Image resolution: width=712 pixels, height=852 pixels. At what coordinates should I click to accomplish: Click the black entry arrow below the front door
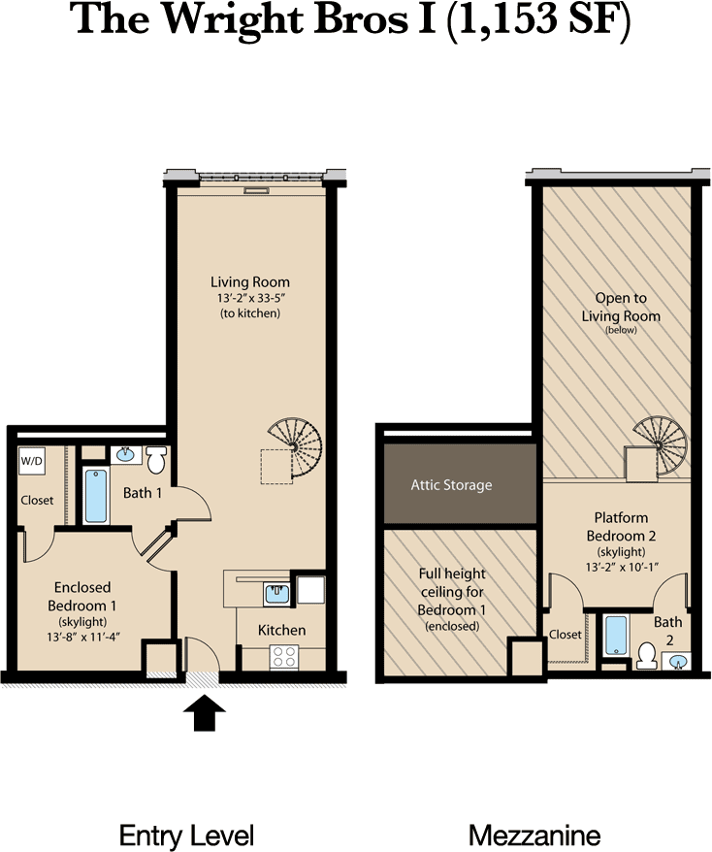[x=205, y=712]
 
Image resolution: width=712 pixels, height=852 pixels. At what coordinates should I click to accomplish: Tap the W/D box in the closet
[x=31, y=461]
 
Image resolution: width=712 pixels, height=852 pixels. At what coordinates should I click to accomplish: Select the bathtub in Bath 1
[x=96, y=496]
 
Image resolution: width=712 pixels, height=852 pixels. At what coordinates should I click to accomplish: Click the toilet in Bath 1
[x=156, y=460]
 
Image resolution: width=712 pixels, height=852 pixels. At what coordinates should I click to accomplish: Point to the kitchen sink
[x=276, y=593]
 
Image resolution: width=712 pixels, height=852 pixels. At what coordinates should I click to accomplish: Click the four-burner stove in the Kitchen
[x=284, y=656]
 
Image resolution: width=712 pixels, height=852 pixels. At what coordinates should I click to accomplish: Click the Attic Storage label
[x=451, y=484]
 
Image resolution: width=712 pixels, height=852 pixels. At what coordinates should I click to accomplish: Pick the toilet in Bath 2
[x=647, y=656]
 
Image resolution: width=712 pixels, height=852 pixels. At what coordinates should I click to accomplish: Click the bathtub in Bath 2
[x=616, y=636]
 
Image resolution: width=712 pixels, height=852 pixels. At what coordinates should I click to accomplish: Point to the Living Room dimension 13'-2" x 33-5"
[x=251, y=298]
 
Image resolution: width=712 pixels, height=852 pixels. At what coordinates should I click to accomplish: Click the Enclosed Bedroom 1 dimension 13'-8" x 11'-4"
[x=82, y=637]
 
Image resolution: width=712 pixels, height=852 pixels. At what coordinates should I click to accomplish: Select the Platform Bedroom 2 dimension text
[x=622, y=567]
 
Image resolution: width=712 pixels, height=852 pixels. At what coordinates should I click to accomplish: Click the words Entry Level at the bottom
[x=186, y=836]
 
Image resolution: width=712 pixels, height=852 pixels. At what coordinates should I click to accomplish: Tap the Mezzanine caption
[x=534, y=835]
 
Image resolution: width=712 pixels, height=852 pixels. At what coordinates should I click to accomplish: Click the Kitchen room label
[x=281, y=631]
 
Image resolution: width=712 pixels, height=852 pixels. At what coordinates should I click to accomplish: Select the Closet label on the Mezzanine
[x=565, y=634]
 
